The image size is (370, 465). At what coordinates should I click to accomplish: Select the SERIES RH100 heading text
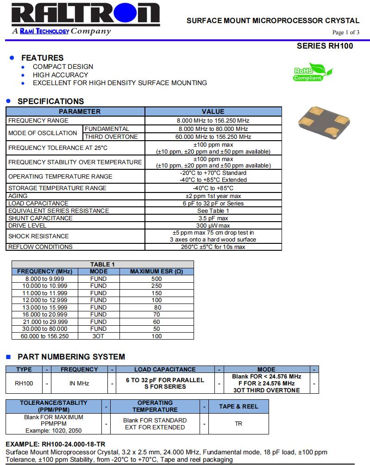[x=325, y=46]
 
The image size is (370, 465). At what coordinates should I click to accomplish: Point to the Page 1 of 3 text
[x=345, y=32]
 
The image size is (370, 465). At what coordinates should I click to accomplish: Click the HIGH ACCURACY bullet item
[x=60, y=75]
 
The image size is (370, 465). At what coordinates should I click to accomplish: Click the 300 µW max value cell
[x=213, y=226]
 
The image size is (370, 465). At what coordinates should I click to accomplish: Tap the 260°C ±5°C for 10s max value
[x=213, y=247]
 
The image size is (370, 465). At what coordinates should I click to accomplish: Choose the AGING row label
[x=18, y=196]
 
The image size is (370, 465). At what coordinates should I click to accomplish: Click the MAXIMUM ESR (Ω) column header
[x=157, y=272]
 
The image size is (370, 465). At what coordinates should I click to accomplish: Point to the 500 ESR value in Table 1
[x=157, y=279]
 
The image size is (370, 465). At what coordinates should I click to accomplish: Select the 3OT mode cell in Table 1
[x=98, y=336]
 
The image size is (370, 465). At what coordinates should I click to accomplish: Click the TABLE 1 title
[x=102, y=265]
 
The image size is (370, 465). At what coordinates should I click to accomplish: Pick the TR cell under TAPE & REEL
[x=238, y=424]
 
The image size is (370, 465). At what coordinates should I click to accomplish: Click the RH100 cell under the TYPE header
[x=24, y=384]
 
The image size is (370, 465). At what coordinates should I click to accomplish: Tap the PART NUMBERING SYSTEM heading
[x=71, y=357]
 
